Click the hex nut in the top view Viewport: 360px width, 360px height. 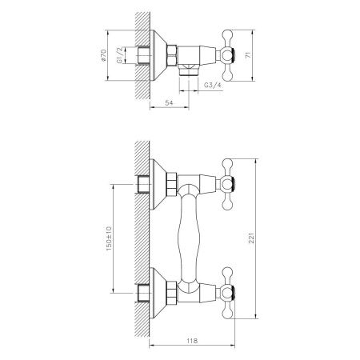click(174, 56)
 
